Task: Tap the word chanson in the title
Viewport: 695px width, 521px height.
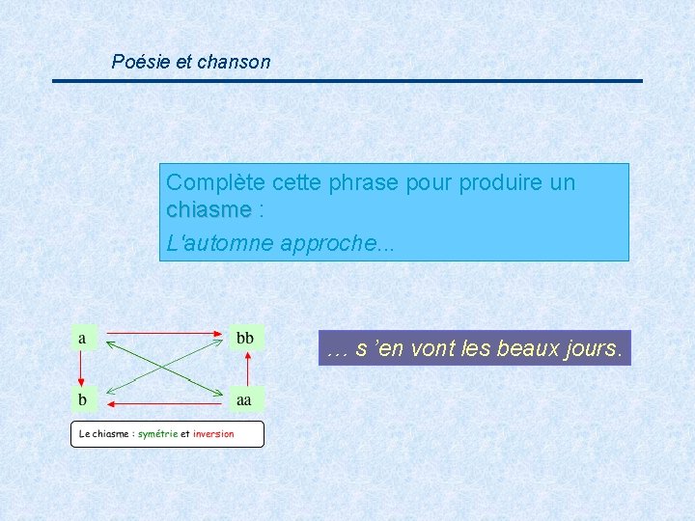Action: click(234, 62)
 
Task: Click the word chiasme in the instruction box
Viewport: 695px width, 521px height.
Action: click(208, 210)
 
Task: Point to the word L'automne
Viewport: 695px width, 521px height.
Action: click(219, 243)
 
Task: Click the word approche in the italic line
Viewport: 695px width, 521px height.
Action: click(326, 243)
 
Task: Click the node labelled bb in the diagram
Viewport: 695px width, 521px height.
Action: click(245, 338)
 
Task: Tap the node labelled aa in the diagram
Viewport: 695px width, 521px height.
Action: click(245, 398)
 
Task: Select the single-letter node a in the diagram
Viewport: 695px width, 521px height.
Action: click(83, 338)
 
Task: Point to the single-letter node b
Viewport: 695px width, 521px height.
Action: click(83, 398)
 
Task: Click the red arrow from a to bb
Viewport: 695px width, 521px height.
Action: click(164, 334)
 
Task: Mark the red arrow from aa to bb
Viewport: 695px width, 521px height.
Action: click(248, 369)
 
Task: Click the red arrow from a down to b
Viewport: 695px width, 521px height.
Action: click(83, 369)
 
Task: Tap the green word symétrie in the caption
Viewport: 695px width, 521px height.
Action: click(157, 434)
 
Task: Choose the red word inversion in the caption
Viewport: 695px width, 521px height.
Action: click(213, 434)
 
